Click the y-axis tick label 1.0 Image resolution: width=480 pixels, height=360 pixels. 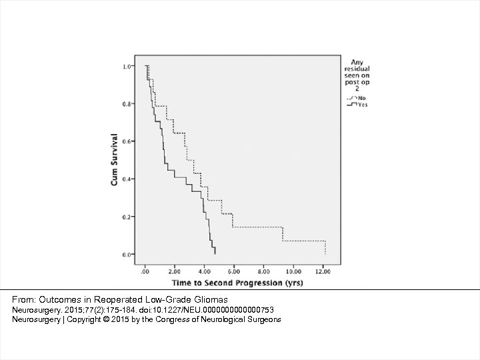[x=127, y=67]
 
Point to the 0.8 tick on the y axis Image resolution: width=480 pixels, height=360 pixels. [x=127, y=104]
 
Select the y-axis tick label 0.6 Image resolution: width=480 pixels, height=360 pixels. [x=127, y=141]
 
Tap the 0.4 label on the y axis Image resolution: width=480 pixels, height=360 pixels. [x=127, y=179]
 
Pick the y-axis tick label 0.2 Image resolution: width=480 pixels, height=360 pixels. [x=127, y=217]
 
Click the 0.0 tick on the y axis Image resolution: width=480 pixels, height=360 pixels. [x=127, y=255]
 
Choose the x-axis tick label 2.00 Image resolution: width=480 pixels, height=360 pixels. [x=175, y=272]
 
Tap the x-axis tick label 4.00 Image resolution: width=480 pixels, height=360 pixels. [x=205, y=272]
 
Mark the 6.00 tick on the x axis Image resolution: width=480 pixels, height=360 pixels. [x=235, y=272]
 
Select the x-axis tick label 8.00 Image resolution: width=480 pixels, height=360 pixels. [x=264, y=272]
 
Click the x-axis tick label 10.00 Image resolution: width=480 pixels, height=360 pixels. [x=294, y=272]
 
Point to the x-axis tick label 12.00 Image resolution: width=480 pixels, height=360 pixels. [x=324, y=272]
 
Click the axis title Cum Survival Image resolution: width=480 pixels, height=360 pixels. [x=115, y=160]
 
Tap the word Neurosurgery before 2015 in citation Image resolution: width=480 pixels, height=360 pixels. [x=35, y=310]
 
